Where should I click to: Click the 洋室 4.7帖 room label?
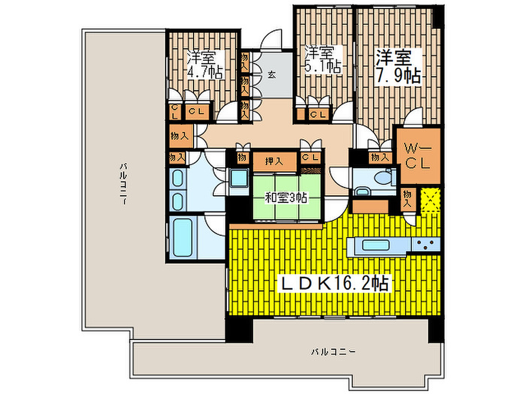(204, 65)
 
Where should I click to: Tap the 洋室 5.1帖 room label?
(322, 60)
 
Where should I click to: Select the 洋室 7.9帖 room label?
(398, 67)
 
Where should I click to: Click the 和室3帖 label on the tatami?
(285, 198)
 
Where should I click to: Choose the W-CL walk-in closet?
(418, 156)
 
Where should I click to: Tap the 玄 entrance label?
(272, 75)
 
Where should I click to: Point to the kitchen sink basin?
(375, 245)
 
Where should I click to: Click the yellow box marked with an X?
(431, 200)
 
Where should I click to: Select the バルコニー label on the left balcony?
(124, 184)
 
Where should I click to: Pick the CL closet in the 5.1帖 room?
(318, 114)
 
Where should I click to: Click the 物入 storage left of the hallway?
(181, 136)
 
